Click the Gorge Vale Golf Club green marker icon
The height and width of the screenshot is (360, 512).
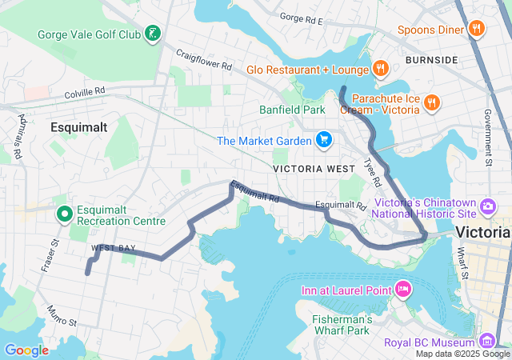point(151,34)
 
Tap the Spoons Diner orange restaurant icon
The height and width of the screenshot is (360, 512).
point(477,30)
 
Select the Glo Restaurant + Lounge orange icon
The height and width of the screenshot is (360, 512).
point(380,69)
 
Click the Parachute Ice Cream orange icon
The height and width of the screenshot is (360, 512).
point(432,102)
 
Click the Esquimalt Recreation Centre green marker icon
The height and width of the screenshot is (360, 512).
point(64,214)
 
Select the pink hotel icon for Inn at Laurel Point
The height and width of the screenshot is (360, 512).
point(402,289)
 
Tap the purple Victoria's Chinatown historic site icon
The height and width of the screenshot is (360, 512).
point(487,209)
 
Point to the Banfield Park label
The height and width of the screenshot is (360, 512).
point(291,110)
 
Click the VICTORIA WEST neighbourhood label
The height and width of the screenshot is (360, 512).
point(308,169)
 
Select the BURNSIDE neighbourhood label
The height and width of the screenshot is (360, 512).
point(431,60)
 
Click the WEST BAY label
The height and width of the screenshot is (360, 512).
point(113,249)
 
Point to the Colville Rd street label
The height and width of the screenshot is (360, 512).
point(85,93)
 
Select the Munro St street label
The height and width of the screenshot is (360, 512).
point(61,316)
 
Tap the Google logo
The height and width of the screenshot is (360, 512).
point(26,350)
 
